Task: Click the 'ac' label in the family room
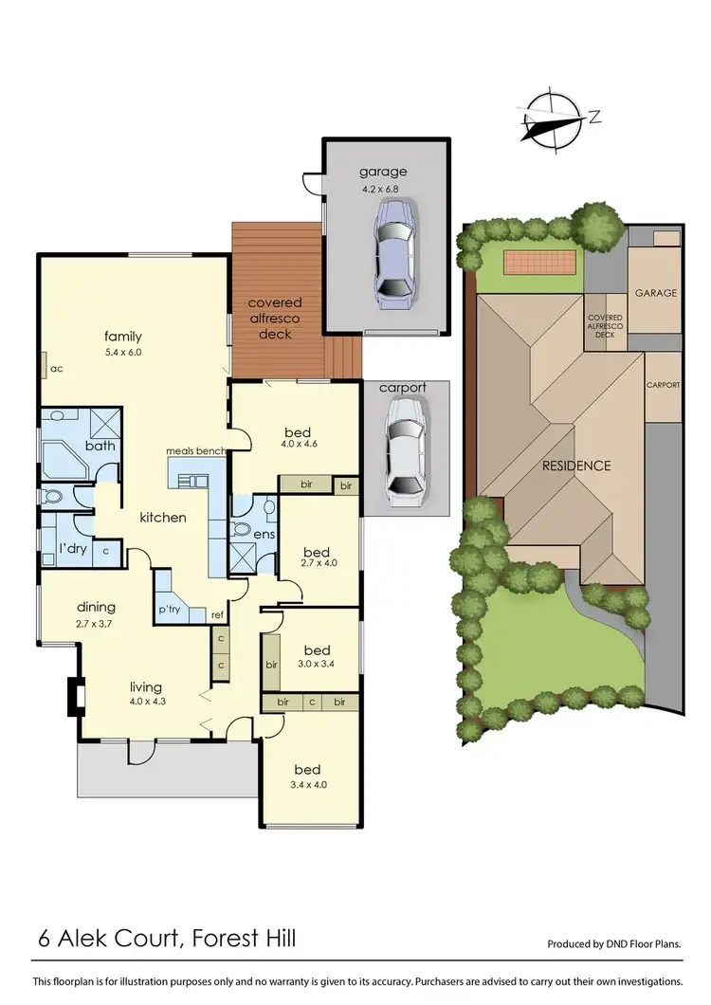click(56, 368)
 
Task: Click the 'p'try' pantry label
click(170, 609)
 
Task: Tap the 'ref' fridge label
click(217, 615)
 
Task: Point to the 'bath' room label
click(100, 446)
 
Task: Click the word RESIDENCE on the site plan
click(575, 466)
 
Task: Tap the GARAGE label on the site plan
click(655, 293)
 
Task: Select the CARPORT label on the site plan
click(663, 385)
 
